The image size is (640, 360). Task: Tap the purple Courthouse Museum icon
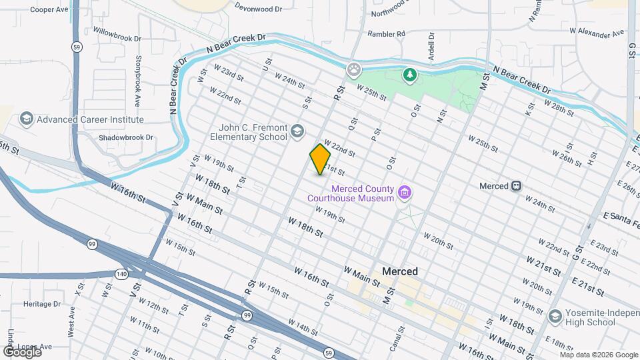(x=403, y=193)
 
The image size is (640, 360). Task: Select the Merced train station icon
(x=516, y=186)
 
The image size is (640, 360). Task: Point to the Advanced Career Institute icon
(x=27, y=119)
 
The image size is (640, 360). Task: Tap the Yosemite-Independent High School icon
(x=555, y=316)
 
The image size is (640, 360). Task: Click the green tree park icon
(x=409, y=76)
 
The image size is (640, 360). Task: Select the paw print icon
(x=353, y=69)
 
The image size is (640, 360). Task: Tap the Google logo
(x=22, y=351)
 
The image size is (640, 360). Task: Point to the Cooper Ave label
(x=49, y=10)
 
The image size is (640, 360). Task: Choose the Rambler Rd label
(x=386, y=33)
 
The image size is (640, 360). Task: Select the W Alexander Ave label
(x=595, y=32)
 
